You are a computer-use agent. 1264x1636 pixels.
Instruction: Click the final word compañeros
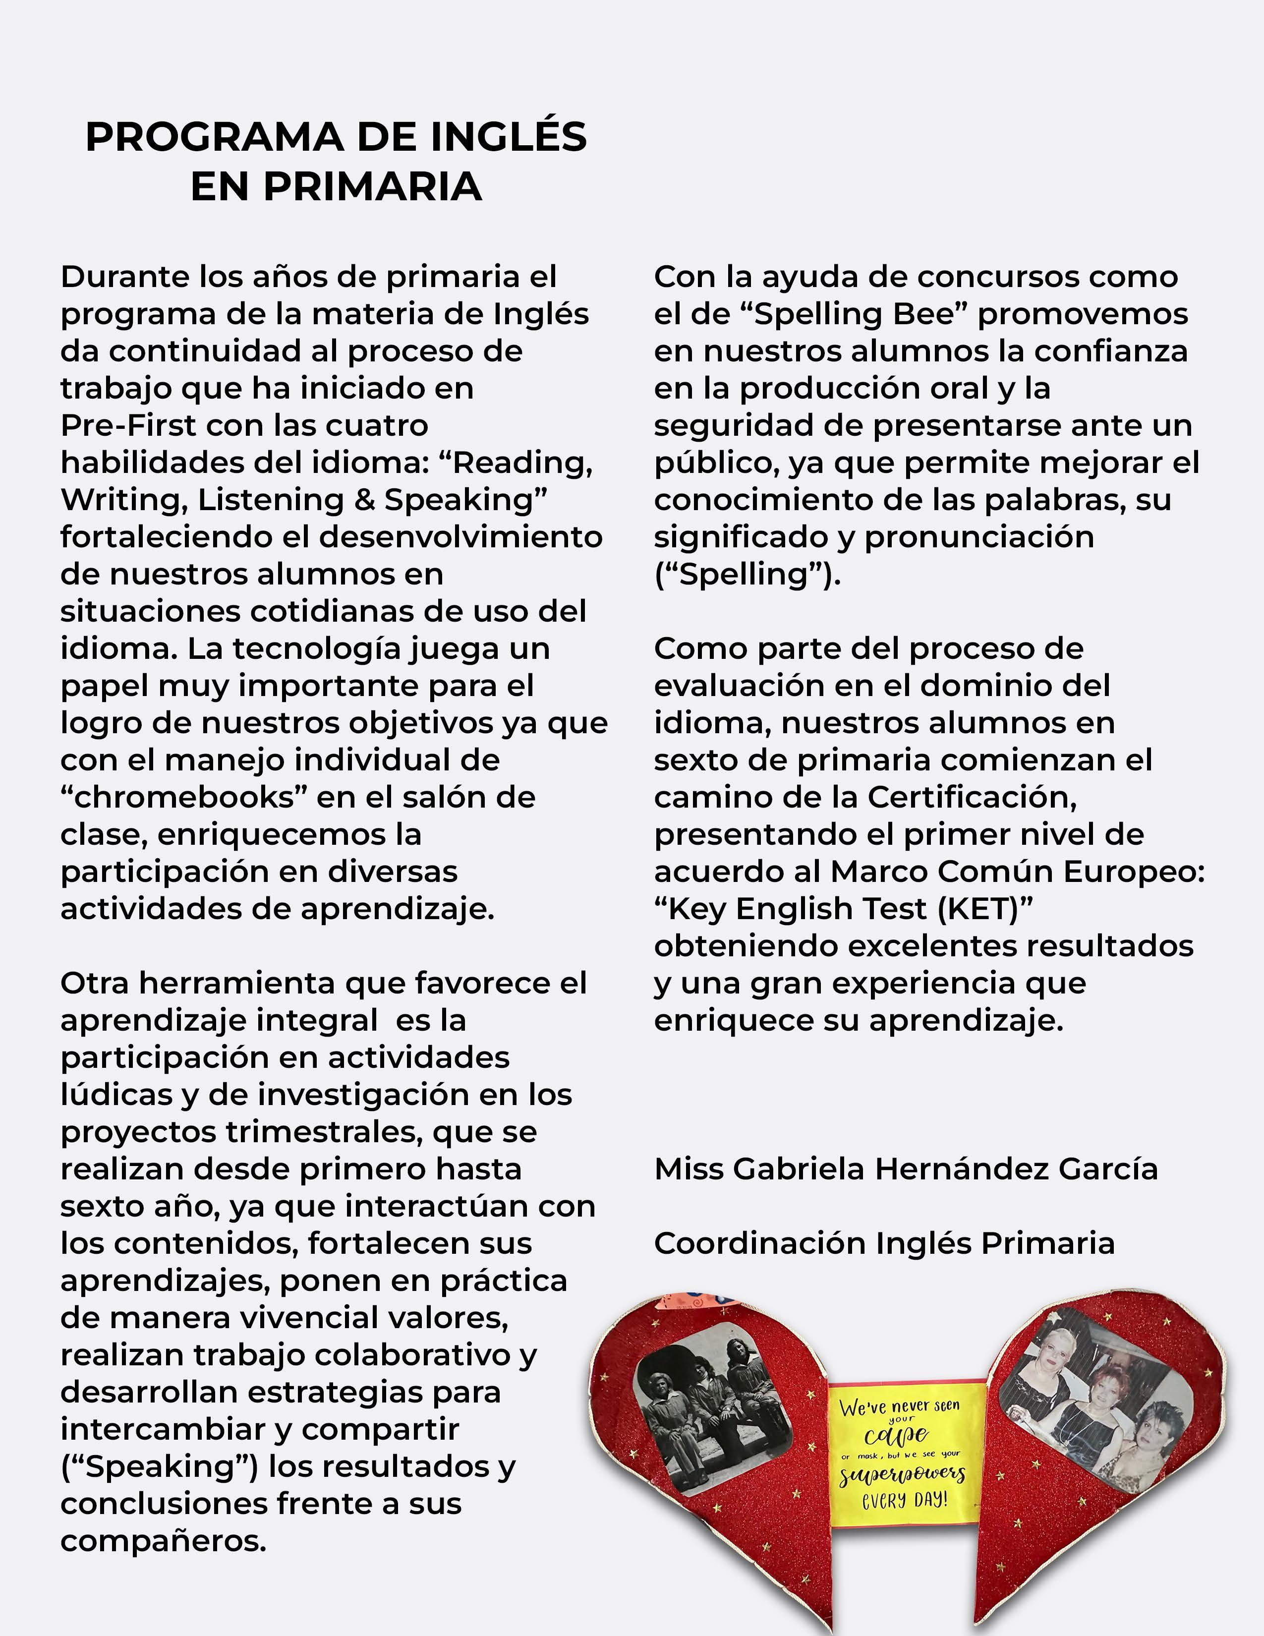point(163,1542)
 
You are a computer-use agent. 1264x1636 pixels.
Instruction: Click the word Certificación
point(972,797)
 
